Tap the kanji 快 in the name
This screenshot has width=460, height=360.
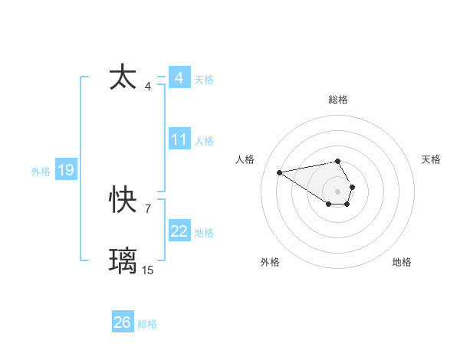(123, 201)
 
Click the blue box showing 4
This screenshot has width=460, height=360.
(179, 78)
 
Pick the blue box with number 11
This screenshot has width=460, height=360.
(179, 139)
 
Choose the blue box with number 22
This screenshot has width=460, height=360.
(179, 231)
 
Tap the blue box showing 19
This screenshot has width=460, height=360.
(65, 170)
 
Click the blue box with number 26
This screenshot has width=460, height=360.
(123, 322)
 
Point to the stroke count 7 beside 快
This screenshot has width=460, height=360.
(147, 208)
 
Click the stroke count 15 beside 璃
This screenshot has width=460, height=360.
(147, 270)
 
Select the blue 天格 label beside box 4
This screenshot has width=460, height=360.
(204, 80)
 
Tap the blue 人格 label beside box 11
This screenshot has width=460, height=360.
(204, 141)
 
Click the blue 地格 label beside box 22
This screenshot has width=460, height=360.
(204, 233)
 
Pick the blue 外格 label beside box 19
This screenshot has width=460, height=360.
(41, 172)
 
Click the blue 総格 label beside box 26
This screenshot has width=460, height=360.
(147, 324)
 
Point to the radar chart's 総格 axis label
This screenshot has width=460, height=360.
(337, 100)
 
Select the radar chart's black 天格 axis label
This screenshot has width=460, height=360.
(431, 159)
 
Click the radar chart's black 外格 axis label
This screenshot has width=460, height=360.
(270, 262)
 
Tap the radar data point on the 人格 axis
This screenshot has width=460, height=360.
(280, 172)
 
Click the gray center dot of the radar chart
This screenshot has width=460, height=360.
(337, 190)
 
